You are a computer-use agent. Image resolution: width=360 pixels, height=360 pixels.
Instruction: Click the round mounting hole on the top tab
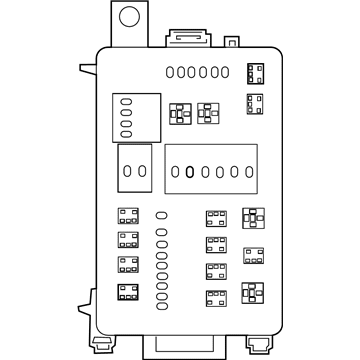[127, 17]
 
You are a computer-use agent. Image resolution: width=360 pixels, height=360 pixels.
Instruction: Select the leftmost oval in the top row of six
[171, 71]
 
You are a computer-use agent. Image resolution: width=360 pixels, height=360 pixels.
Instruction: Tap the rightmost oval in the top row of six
[226, 71]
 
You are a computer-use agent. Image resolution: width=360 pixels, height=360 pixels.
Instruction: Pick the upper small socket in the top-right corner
[256, 71]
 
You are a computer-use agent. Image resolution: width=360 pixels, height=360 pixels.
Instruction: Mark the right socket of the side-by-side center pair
[207, 112]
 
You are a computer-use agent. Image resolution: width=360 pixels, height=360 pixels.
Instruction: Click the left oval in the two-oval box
[127, 171]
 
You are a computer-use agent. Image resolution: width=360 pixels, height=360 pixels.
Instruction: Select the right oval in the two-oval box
[143, 171]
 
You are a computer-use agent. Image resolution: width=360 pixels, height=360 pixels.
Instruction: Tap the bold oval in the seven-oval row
[190, 171]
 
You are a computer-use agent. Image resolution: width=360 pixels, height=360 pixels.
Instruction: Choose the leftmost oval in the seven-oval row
[175, 171]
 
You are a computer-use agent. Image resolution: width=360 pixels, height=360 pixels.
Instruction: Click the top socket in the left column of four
[127, 216]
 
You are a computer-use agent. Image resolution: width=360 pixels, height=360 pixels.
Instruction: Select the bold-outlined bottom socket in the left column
[127, 292]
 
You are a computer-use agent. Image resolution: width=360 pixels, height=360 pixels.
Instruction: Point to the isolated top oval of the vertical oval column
[162, 214]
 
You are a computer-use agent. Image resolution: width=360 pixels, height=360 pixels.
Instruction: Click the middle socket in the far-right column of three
[254, 254]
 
